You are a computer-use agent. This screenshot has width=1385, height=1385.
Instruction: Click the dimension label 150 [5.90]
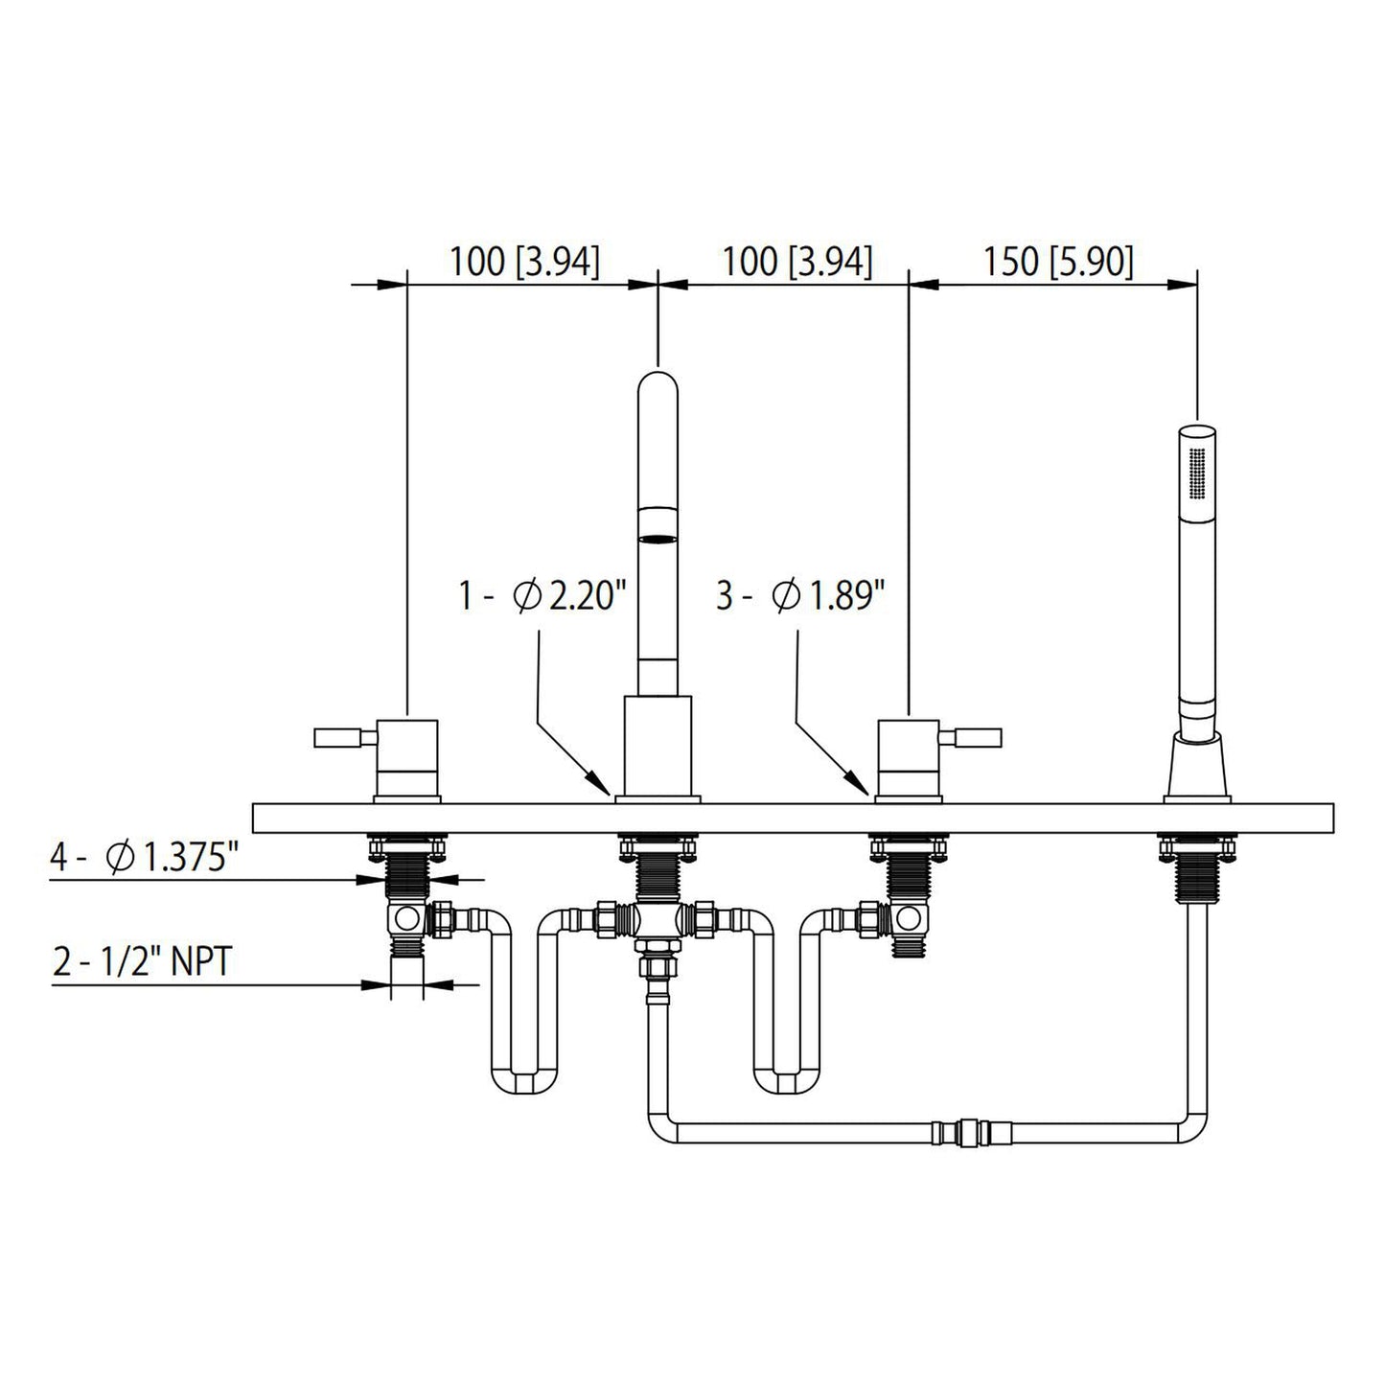1057,261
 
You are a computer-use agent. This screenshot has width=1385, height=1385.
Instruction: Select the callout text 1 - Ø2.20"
542,596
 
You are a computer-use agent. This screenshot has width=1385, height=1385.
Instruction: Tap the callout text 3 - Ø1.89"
799,596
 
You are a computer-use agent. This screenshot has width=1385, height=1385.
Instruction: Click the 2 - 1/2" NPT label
141,961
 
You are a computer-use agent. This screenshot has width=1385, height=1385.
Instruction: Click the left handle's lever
338,737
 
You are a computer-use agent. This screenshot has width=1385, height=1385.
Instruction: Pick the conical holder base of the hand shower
1196,766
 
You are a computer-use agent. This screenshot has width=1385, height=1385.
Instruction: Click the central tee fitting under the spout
658,919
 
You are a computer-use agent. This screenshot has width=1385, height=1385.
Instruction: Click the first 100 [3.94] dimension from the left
524,261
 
